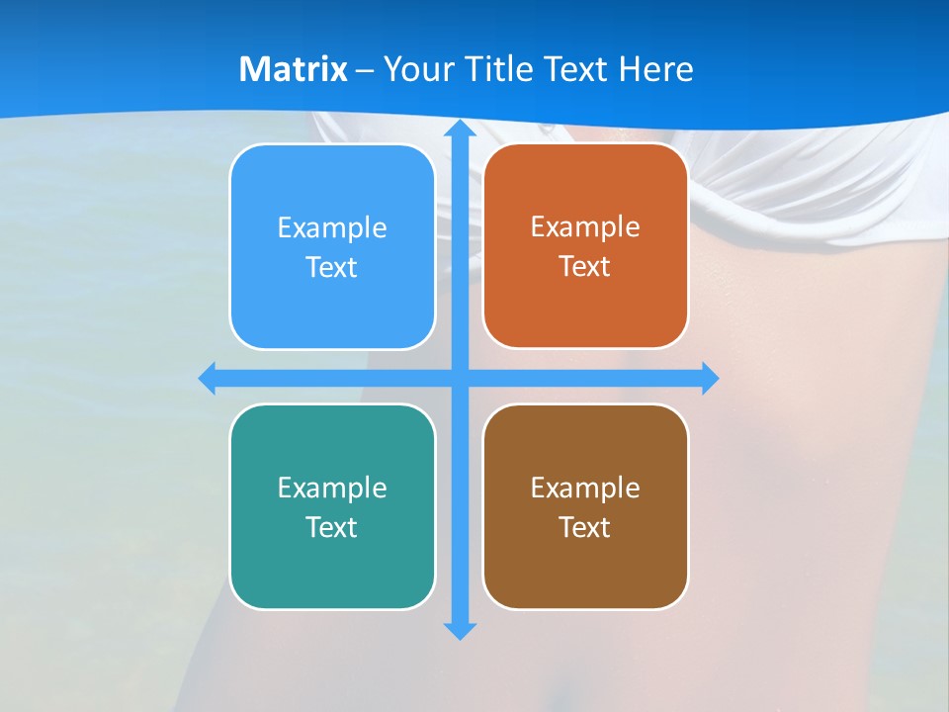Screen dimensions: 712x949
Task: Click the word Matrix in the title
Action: (294, 69)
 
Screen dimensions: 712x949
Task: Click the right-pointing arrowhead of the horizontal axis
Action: (710, 378)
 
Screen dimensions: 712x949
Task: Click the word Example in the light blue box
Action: (332, 227)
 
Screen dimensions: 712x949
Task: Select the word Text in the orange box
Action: (585, 267)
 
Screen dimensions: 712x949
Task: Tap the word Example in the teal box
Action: (332, 488)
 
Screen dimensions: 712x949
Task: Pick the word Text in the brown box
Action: (585, 527)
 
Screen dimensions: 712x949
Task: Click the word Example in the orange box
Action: (585, 226)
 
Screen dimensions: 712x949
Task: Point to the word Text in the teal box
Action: (332, 527)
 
